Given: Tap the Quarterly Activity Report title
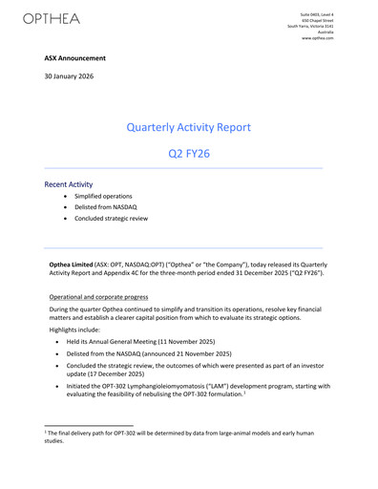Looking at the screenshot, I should coord(188,126).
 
